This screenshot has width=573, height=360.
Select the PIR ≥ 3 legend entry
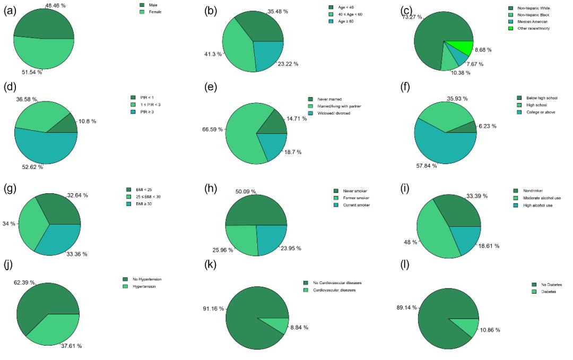coord(151,112)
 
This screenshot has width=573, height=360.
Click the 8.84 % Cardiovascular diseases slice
coord(279,325)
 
